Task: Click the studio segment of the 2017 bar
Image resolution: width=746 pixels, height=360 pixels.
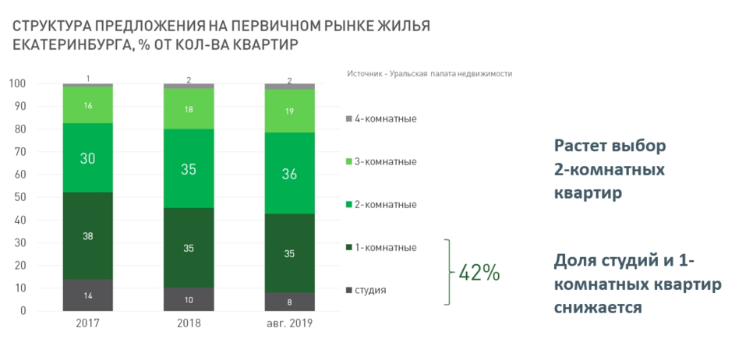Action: pyautogui.click(x=88, y=295)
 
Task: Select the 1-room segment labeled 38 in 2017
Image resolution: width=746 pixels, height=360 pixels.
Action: pyautogui.click(x=88, y=236)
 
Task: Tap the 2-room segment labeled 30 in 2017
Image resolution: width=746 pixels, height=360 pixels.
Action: pyautogui.click(x=88, y=158)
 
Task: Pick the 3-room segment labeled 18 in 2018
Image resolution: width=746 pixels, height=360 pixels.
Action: pyautogui.click(x=189, y=109)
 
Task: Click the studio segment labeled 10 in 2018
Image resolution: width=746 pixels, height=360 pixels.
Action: pyautogui.click(x=189, y=300)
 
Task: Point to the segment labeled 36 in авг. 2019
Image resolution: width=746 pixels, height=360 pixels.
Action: pyautogui.click(x=289, y=174)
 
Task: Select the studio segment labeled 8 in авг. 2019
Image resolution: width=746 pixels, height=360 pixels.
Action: pyautogui.click(x=289, y=302)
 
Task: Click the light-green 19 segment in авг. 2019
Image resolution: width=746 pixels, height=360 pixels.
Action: pyautogui.click(x=289, y=111)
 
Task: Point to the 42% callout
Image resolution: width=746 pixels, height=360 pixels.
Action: pyautogui.click(x=479, y=274)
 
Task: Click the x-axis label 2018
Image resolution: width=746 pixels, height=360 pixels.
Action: pyautogui.click(x=189, y=323)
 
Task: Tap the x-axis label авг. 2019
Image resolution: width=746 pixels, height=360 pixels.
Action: pyautogui.click(x=289, y=323)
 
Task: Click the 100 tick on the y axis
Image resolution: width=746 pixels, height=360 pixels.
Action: pyautogui.click(x=16, y=83)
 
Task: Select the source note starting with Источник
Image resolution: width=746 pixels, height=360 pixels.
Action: pyautogui.click(x=429, y=73)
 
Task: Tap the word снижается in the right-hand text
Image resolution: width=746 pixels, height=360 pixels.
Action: pyautogui.click(x=598, y=308)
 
